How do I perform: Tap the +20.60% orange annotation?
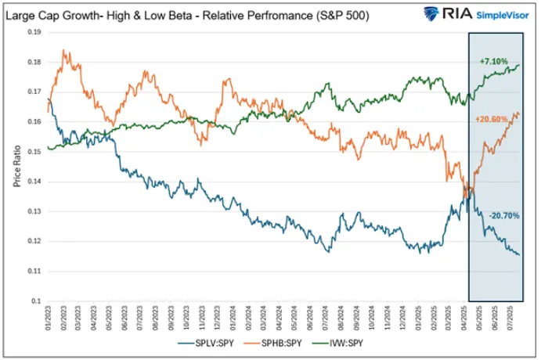click(491, 119)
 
